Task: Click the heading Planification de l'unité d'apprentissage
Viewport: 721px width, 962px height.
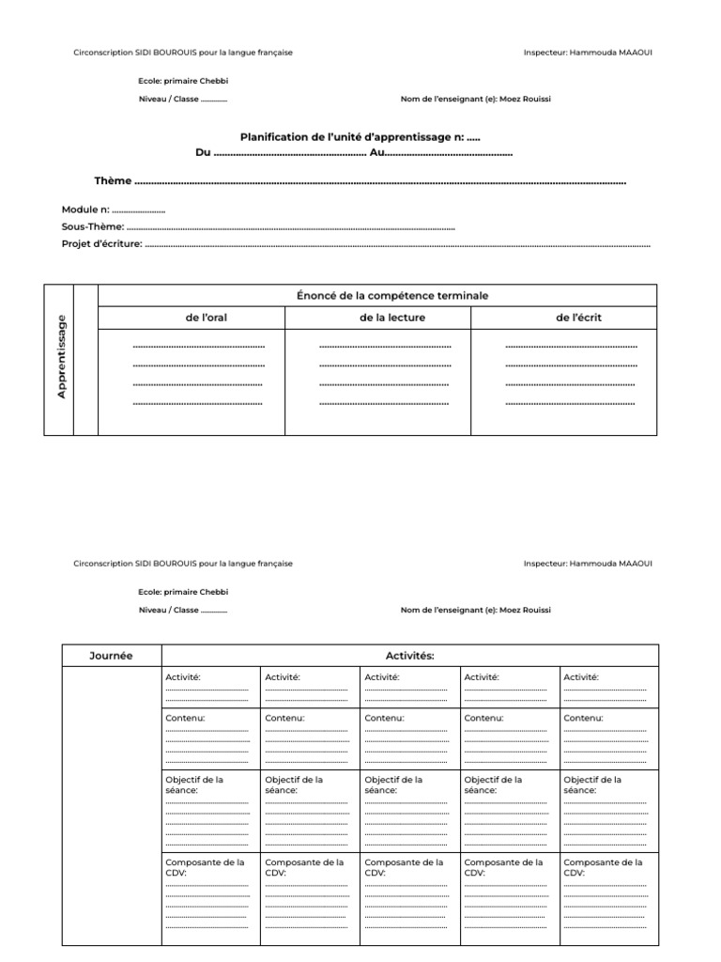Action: pos(360,137)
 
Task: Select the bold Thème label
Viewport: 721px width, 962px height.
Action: pos(113,180)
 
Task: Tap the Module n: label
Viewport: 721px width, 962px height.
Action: pos(85,209)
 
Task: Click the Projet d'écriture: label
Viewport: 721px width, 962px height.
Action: pos(102,243)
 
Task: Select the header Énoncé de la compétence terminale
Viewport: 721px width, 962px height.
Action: pos(392,296)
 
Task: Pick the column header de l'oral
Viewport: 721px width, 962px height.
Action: pos(207,318)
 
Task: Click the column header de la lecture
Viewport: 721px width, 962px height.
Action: pos(392,318)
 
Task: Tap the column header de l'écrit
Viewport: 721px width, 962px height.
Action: pos(579,318)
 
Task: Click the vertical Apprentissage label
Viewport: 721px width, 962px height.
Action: pos(62,356)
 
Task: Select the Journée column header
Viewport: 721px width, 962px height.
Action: pos(111,656)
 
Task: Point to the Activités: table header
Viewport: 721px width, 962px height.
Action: pos(410,656)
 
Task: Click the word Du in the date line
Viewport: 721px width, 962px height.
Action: pos(203,152)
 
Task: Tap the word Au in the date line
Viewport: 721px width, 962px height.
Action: pos(377,152)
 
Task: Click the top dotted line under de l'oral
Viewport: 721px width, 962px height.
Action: pos(199,347)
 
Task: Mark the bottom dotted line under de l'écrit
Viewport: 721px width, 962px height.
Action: pos(571,404)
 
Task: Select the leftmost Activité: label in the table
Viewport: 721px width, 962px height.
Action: pos(183,676)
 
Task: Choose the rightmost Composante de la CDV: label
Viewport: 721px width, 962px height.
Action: pos(604,867)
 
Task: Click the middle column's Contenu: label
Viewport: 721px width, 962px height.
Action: pos(384,718)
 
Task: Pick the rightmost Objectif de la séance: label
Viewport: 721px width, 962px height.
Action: pos(592,784)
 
